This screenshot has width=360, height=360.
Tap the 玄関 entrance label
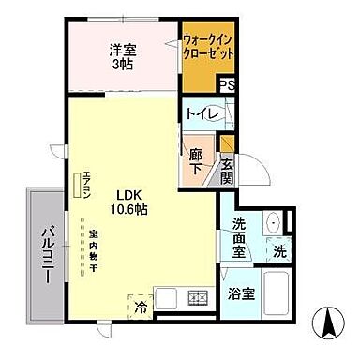click(x=227, y=171)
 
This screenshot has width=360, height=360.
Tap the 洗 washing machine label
click(x=279, y=251)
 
